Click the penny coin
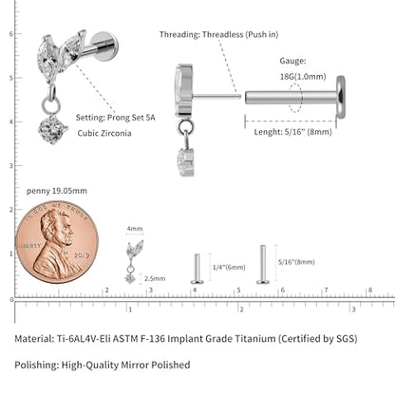point(57,242)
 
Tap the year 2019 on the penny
point(82,254)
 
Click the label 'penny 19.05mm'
point(57,191)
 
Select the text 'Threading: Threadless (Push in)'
point(218,34)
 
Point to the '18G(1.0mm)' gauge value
point(303,77)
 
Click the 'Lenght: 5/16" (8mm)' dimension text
point(292,132)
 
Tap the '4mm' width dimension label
point(135,229)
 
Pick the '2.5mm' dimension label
point(155,278)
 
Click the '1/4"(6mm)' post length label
point(229,268)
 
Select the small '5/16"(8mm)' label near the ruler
point(296,262)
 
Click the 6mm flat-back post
point(197,269)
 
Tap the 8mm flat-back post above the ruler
point(263,264)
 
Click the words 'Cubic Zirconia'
point(104,133)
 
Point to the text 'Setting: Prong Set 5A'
point(116,118)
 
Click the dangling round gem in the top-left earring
point(52,129)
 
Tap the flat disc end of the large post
point(341,97)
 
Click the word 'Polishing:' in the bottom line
point(37,365)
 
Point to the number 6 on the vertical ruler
point(11,34)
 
